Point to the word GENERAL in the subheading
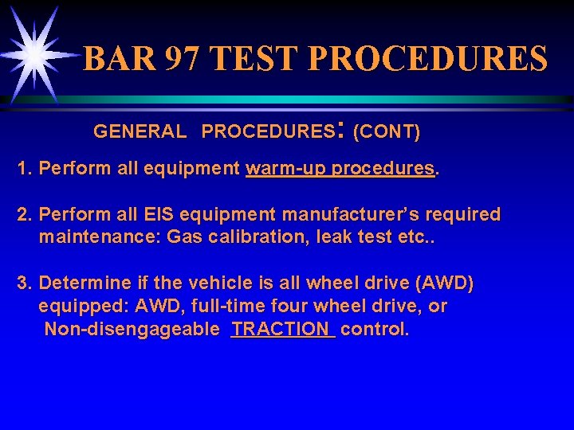point(140,131)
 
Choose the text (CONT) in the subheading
point(386,131)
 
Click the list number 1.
point(25,169)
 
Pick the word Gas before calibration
point(184,236)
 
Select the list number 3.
point(25,283)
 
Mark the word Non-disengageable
point(132,330)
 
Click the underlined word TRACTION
point(282,330)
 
